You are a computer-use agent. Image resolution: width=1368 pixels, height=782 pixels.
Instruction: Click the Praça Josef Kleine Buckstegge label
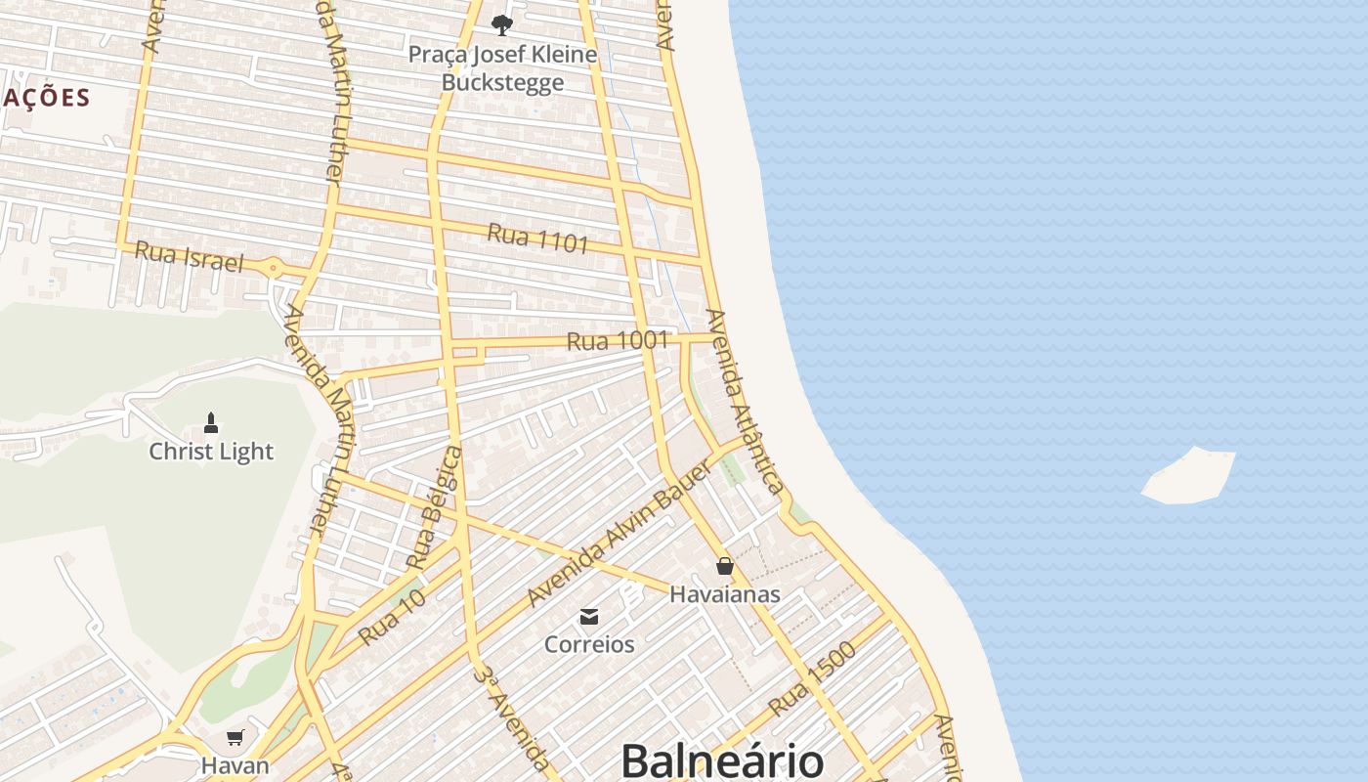pos(502,68)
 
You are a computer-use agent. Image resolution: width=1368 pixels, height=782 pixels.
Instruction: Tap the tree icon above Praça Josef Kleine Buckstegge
pos(502,24)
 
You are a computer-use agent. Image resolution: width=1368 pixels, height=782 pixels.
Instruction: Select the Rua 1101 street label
pos(537,238)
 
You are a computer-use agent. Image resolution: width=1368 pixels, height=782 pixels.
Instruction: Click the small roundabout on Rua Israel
pos(274,267)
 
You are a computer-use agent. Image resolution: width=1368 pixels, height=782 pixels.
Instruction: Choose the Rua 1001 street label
pos(618,341)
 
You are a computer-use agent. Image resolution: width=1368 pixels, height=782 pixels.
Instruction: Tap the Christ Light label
pos(211,452)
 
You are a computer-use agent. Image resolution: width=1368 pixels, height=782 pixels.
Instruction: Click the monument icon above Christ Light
pos(210,423)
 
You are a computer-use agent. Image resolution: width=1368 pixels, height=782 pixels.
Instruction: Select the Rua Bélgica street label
pos(433,508)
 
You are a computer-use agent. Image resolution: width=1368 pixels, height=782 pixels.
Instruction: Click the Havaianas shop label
pos(724,593)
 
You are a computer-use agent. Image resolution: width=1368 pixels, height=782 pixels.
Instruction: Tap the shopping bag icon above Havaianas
pos(724,566)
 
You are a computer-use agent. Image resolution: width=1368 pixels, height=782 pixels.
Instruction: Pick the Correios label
pos(589,644)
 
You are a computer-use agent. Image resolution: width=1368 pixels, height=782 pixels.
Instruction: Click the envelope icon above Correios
pos(589,617)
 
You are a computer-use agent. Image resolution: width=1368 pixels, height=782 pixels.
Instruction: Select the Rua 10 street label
pos(393,617)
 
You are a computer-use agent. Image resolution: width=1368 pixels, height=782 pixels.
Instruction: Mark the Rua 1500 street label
pos(812,678)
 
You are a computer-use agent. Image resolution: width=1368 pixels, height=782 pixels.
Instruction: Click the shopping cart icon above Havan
pos(235,737)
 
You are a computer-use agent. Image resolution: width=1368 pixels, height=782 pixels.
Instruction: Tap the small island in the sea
pos(1190,476)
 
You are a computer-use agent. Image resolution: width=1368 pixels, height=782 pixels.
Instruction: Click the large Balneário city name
pos(722,760)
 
